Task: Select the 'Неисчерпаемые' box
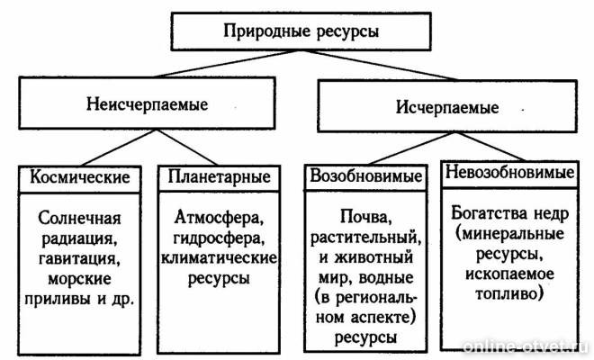click(x=148, y=103)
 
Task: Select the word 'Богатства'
click(x=487, y=213)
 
